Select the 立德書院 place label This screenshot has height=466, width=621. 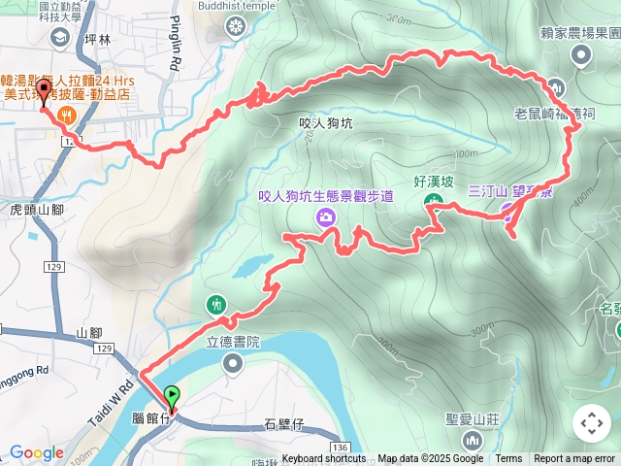(234, 343)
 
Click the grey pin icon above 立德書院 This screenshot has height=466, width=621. (234, 364)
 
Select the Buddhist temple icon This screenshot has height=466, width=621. (235, 26)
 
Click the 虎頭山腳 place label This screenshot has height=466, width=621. (36, 209)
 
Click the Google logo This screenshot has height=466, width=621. (36, 452)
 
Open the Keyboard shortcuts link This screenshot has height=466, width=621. (324, 459)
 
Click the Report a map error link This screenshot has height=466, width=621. (575, 459)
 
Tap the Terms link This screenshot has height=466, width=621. (508, 459)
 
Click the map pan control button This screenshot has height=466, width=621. (591, 423)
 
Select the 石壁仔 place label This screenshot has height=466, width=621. (284, 424)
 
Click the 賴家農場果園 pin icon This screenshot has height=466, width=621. (582, 55)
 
